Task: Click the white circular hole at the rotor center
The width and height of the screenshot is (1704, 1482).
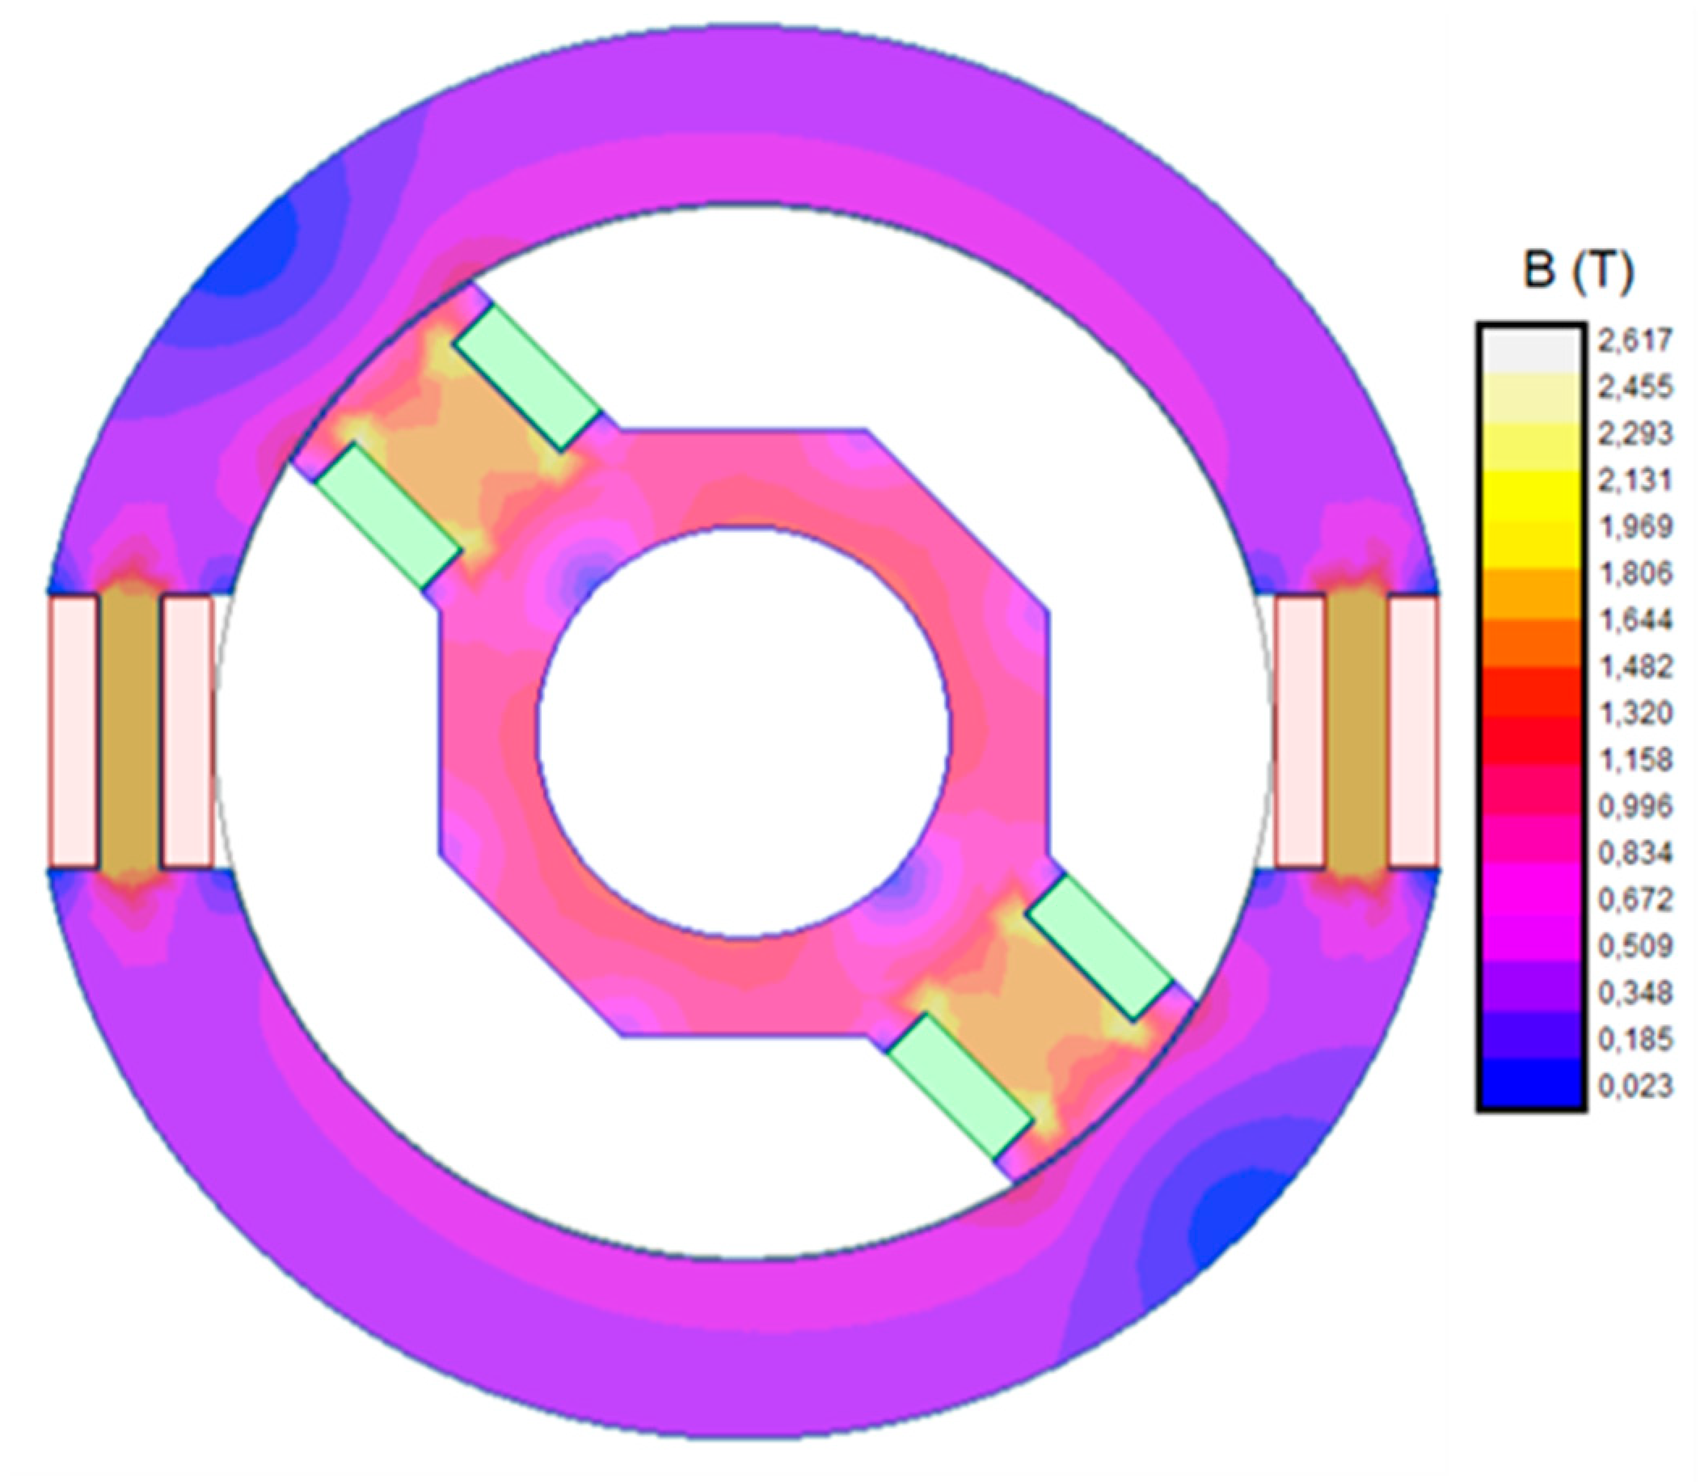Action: [744, 733]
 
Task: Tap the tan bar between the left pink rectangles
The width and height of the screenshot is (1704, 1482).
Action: [129, 733]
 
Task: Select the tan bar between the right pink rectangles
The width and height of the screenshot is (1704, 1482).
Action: [1356, 733]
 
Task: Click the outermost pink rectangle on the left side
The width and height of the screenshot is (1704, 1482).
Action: [73, 733]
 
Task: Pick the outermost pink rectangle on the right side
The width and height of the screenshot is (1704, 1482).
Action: [1414, 733]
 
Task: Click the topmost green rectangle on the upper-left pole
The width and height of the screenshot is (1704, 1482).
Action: [529, 377]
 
